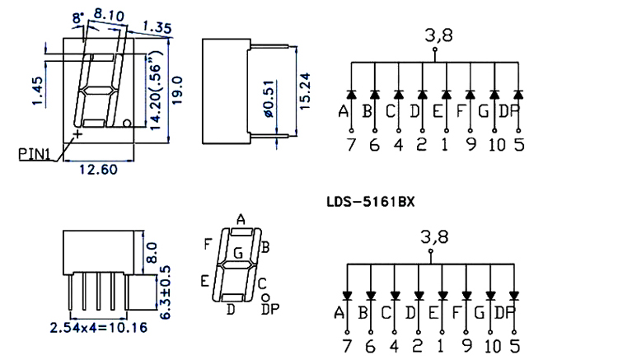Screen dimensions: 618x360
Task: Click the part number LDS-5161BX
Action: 371,202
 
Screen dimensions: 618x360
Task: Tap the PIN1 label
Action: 35,154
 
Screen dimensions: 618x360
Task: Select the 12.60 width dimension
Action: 99,170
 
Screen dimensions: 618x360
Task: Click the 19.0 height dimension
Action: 177,90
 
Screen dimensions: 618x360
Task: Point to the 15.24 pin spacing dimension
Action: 305,91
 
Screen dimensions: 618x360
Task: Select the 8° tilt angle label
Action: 78,18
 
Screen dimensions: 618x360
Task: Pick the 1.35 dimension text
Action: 157,27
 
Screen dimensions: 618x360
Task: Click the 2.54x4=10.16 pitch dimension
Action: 99,328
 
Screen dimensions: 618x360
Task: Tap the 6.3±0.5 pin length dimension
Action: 166,292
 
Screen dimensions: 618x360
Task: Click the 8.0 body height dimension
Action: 152,252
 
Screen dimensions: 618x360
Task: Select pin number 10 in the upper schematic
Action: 497,145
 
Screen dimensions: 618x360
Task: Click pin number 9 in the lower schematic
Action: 467,346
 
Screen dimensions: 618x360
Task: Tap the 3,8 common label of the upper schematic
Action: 438,35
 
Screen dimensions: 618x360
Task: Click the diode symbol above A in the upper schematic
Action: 352,95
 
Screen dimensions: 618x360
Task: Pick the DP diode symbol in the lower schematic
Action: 514,296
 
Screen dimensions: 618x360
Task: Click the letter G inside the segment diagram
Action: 238,253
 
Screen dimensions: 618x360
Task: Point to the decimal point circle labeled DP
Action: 265,297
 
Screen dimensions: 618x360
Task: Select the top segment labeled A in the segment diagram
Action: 241,232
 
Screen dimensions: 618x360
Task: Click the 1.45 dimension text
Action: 38,91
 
